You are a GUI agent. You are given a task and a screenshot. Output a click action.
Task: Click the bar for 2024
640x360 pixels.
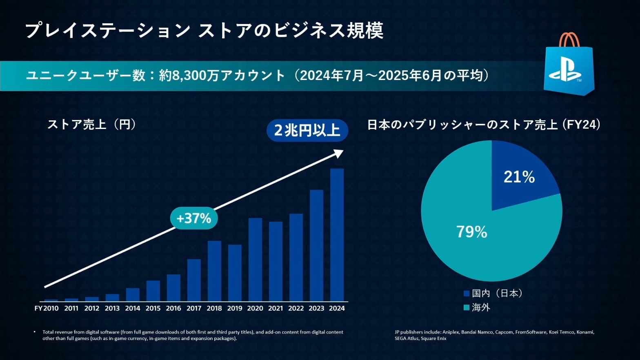337,235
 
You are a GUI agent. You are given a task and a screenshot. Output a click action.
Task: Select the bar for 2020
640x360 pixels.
255,260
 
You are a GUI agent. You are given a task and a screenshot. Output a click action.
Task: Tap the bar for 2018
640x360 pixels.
214,271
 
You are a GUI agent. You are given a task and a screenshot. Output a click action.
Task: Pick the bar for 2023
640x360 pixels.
316,245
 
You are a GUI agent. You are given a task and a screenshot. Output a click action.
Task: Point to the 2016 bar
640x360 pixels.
173,288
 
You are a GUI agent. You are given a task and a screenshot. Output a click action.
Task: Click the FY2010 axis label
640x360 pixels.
47,308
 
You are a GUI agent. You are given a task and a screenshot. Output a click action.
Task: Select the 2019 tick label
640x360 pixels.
235,308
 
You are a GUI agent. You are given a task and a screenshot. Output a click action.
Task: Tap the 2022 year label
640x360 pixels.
296,308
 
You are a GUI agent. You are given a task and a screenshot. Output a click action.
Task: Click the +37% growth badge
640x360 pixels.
194,218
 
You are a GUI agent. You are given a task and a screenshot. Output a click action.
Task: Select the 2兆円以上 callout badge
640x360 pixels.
307,131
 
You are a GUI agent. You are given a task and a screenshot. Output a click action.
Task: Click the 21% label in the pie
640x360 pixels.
519,177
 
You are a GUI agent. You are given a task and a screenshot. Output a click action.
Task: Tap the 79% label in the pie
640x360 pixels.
472,232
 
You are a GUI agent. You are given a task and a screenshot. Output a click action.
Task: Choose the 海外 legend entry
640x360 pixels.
477,307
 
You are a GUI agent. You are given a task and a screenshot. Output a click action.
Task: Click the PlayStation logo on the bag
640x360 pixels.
565,72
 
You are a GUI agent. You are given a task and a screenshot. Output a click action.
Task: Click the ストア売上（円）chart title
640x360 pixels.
91,124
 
